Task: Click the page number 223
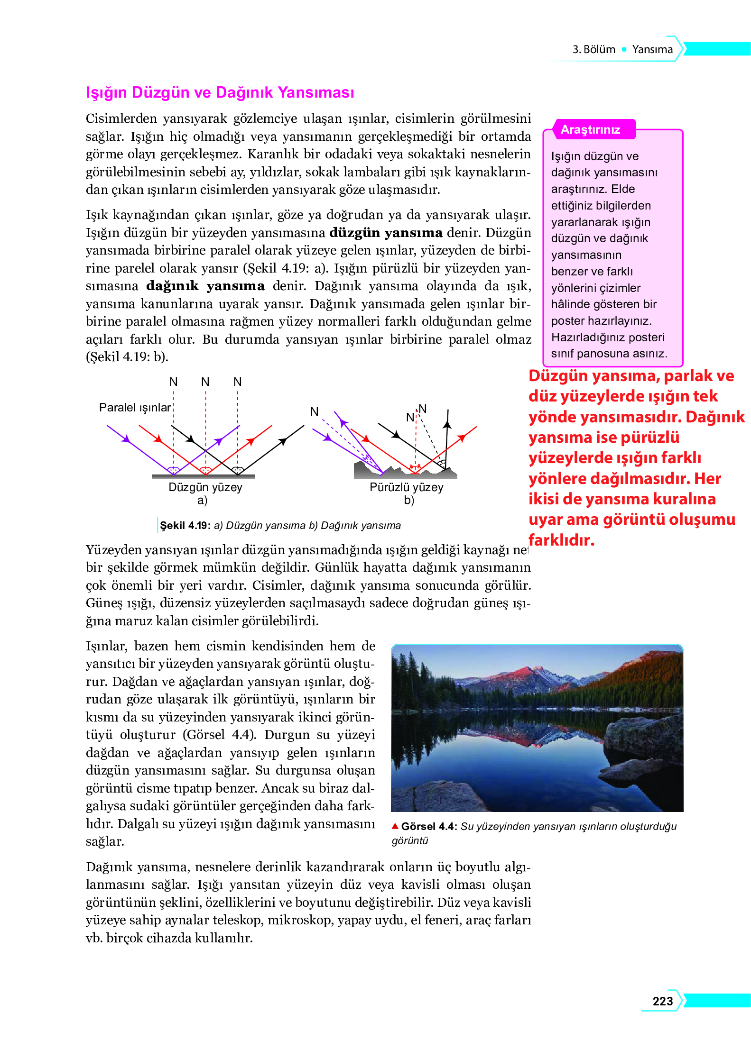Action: coord(662,1001)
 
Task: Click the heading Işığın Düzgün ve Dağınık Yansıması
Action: coord(220,92)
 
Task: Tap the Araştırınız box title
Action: coord(590,130)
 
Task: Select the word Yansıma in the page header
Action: coord(652,49)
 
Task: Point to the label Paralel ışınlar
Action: coord(135,408)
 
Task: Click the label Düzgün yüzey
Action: coord(205,487)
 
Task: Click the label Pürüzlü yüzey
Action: coord(406,487)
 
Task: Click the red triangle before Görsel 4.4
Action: coord(395,826)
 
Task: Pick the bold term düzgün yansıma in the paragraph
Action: coord(386,233)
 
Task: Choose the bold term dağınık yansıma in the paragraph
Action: coord(205,286)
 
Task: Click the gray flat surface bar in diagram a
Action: coord(203,476)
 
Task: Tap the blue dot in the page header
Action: coord(624,49)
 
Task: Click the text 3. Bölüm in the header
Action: coord(593,49)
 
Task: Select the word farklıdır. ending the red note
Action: coord(561,540)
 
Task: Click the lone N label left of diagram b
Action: coord(314,411)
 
